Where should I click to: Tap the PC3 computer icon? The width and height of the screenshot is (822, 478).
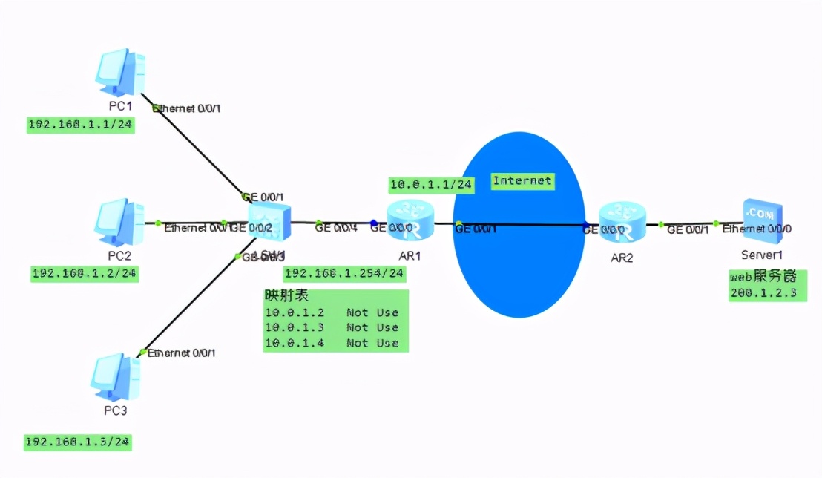(116, 378)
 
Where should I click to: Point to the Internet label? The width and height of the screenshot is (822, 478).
(522, 180)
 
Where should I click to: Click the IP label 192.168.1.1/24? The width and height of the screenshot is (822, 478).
(80, 125)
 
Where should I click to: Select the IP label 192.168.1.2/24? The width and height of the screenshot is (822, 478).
(85, 273)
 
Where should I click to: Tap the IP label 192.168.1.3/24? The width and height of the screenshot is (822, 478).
(77, 442)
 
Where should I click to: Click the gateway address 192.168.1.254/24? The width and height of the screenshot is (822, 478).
(344, 273)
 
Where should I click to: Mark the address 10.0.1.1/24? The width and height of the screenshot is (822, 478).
(431, 185)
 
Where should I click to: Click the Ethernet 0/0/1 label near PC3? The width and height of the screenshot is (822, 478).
(182, 353)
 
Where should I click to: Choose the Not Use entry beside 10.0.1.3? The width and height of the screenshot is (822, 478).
(372, 327)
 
